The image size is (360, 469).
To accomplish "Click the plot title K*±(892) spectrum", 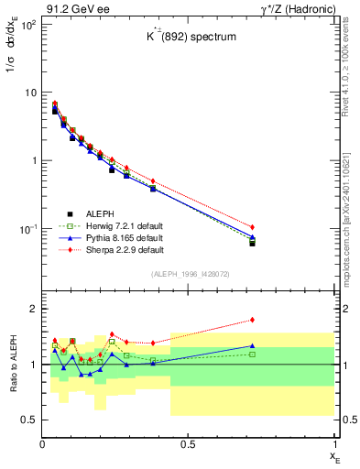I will [187, 38].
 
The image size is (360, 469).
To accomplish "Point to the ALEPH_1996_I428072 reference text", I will [187, 274].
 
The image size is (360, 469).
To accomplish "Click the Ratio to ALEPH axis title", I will [14, 364].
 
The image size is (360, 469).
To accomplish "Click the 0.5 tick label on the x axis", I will [188, 444].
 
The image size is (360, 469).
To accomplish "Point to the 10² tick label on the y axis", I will [26, 24].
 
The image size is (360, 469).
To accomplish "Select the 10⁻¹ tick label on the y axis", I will [26, 228].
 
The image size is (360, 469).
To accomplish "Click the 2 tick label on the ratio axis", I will [31, 309].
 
